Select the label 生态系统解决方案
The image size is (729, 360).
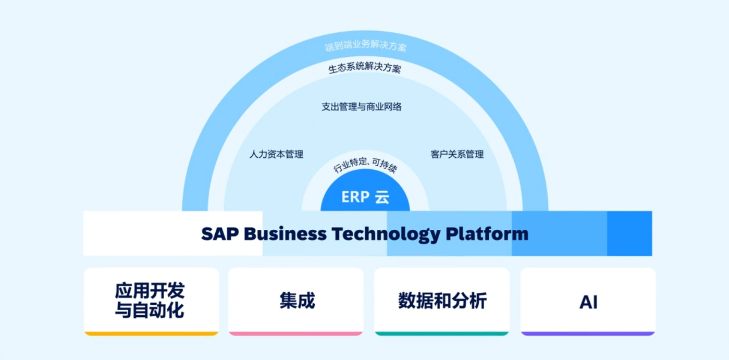point(365,68)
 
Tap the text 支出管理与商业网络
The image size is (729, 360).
point(362,107)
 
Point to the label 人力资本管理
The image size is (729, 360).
point(276,154)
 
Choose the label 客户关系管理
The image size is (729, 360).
point(457,154)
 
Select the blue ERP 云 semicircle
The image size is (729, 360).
point(365,198)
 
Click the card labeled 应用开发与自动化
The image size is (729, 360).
point(151,301)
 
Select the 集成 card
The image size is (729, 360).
point(296,301)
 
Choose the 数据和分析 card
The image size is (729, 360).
point(442,301)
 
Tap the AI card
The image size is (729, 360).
point(588,301)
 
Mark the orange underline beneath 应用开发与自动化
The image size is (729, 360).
point(151,333)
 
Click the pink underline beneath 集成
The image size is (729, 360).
point(296,333)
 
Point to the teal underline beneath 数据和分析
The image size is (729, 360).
point(442,333)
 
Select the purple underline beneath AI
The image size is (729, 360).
point(588,333)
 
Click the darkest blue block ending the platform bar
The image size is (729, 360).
point(629,233)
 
